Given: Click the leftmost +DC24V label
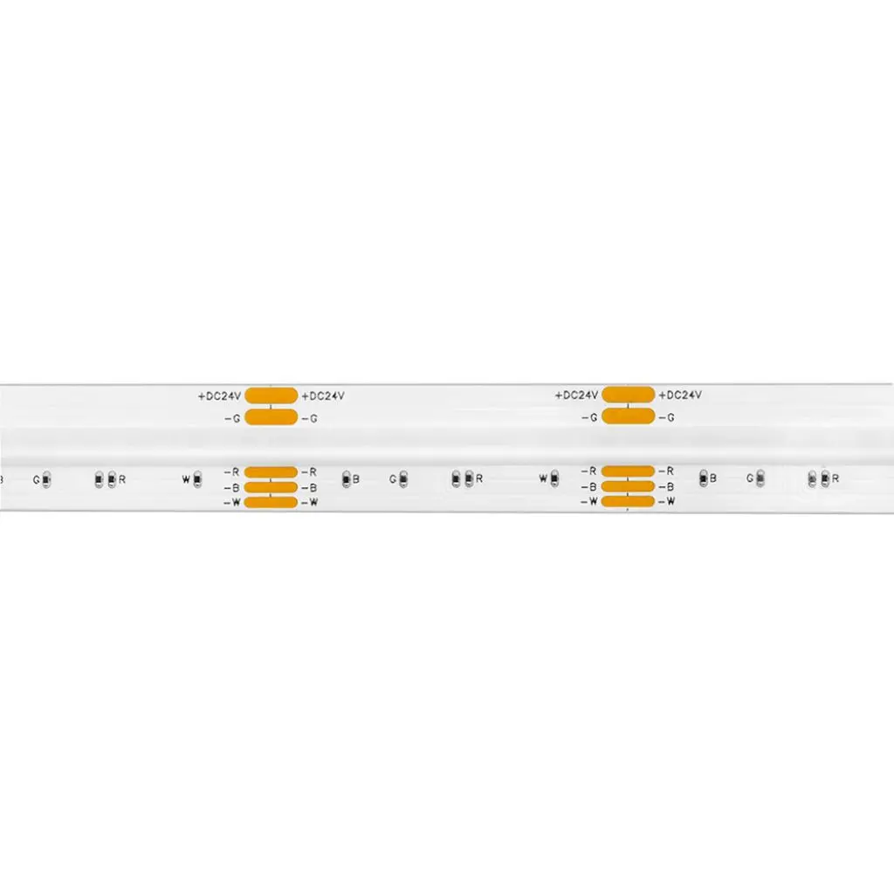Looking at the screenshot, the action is click(219, 396).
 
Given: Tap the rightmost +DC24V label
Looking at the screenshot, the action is click(680, 395).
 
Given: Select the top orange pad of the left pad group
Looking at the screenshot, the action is click(272, 395).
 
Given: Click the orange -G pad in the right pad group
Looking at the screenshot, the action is click(629, 416).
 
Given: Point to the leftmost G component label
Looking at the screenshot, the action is click(37, 480).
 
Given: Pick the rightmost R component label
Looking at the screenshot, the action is click(836, 478).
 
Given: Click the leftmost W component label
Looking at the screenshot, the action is click(186, 479).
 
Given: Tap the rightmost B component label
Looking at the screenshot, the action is click(712, 478).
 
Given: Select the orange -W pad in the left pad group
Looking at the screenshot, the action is click(271, 502).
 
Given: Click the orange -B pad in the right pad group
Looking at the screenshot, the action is click(628, 486).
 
